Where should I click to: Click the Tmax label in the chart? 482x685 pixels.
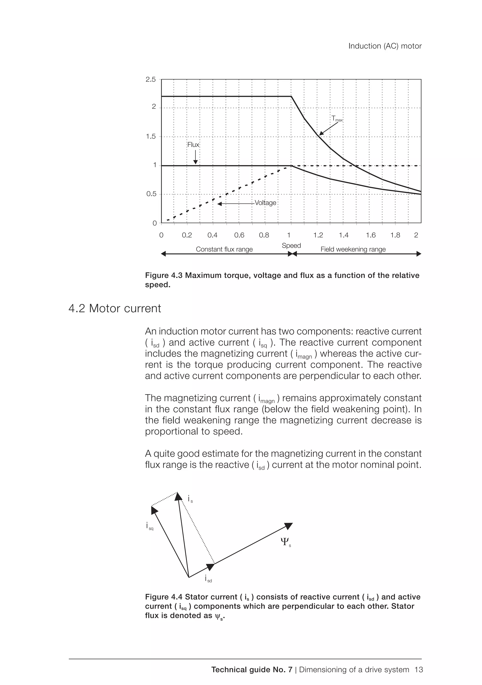click(x=337, y=119)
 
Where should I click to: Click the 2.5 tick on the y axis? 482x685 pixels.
click(x=151, y=79)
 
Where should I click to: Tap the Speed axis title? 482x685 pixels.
click(x=291, y=246)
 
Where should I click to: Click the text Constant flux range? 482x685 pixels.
click(x=224, y=249)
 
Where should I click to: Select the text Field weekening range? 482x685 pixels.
click(x=353, y=249)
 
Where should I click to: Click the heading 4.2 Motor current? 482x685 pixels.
click(x=115, y=308)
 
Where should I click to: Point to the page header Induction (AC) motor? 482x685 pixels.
click(x=385, y=46)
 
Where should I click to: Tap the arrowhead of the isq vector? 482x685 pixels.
click(x=154, y=510)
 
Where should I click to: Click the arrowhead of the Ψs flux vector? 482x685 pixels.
click(x=289, y=526)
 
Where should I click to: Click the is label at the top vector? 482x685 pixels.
click(x=190, y=499)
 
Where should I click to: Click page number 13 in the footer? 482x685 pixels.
click(x=418, y=670)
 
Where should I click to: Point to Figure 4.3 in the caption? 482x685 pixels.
click(x=164, y=275)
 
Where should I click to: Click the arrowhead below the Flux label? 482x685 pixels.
click(x=195, y=162)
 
